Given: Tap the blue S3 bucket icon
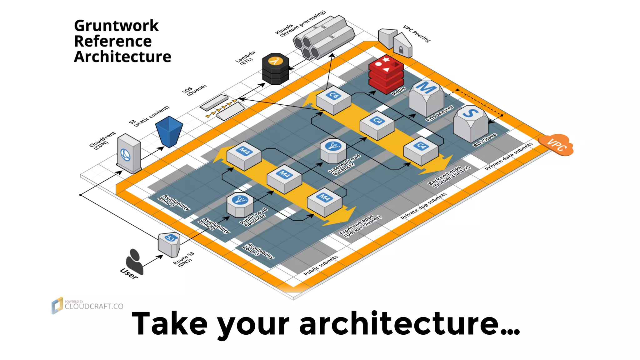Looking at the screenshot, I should click(169, 132).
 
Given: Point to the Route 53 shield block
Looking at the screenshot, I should click(169, 245).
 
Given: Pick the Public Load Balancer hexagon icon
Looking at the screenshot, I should click(240, 205).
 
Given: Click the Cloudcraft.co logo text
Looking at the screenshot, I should click(94, 306).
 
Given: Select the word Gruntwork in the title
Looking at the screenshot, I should click(116, 26).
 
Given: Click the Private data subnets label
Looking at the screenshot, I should click(508, 156).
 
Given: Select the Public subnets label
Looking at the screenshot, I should click(321, 265).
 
